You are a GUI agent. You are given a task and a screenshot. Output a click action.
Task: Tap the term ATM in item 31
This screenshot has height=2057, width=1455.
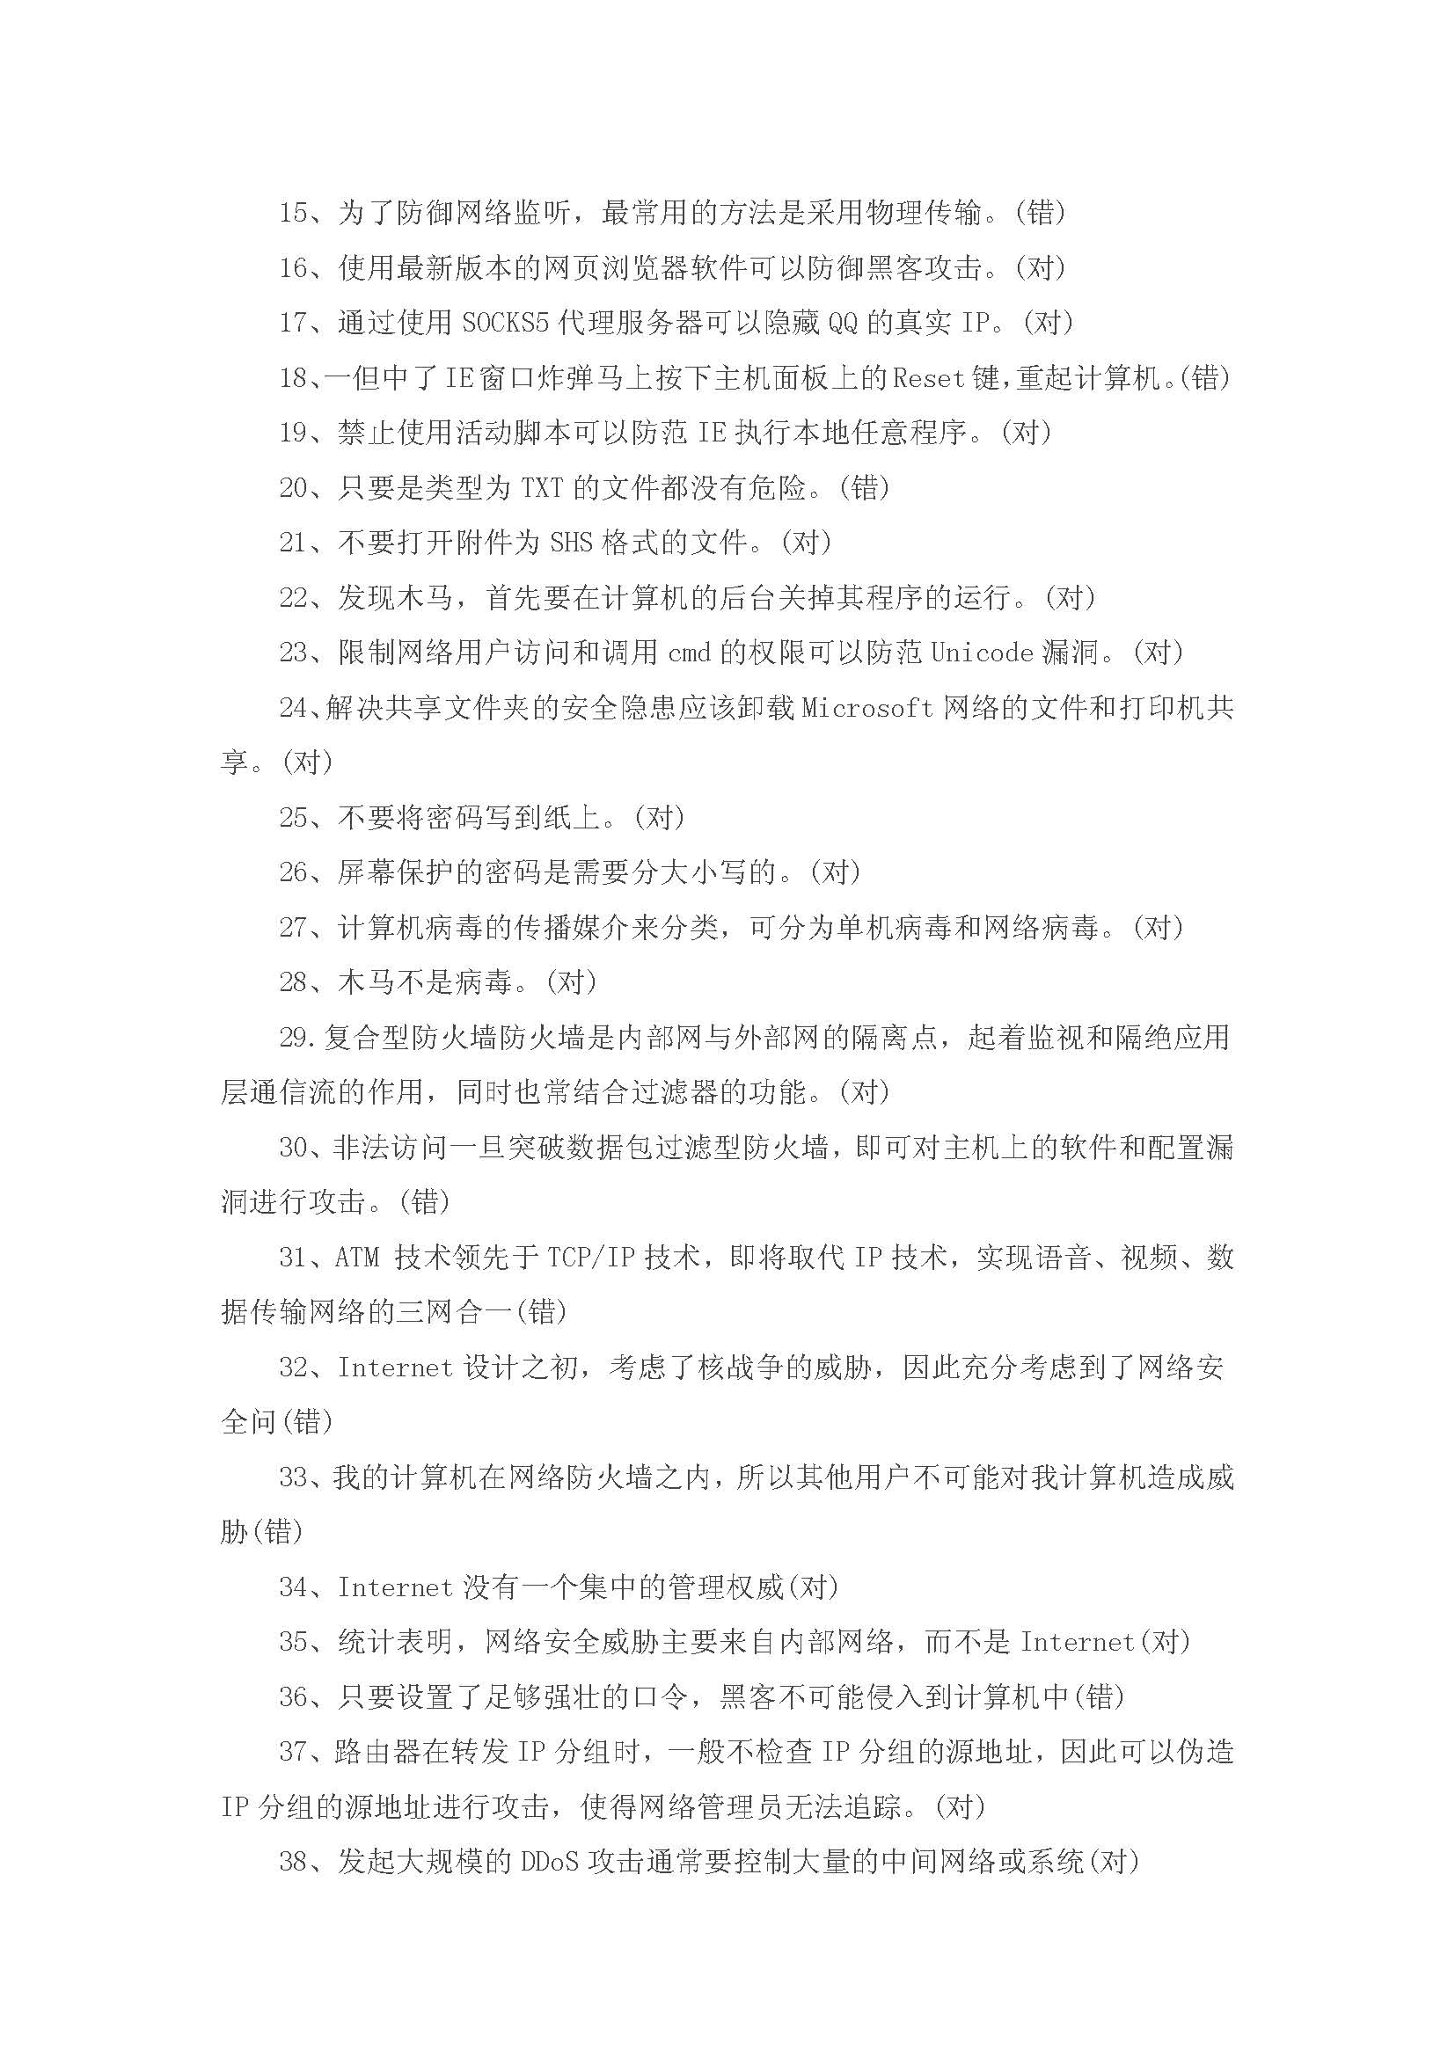tap(357, 1258)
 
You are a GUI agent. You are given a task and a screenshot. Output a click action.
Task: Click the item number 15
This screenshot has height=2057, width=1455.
tap(294, 213)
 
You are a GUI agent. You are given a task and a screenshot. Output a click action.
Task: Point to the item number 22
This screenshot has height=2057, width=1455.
tap(294, 597)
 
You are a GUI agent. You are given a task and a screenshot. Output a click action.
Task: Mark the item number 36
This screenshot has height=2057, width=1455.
tap(294, 1696)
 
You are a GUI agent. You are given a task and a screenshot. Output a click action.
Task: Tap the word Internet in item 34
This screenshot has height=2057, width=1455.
tap(395, 1587)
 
